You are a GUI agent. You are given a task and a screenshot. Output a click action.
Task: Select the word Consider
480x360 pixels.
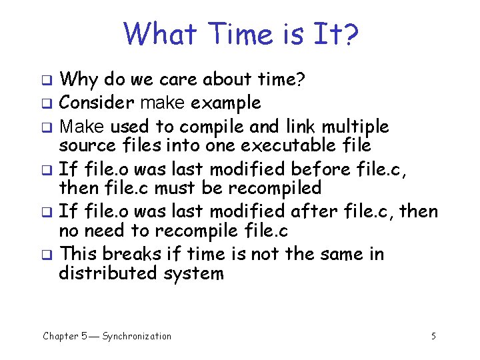tap(95, 103)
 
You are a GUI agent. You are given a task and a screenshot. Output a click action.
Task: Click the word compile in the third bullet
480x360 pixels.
tap(214, 127)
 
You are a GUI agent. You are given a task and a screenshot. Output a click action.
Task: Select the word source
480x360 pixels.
tap(87, 145)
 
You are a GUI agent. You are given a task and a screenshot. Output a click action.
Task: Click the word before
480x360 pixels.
tap(325, 169)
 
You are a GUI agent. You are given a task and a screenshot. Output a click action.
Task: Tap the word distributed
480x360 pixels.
tap(107, 273)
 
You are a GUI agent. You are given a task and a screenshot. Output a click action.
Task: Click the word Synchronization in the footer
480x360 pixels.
tap(137, 336)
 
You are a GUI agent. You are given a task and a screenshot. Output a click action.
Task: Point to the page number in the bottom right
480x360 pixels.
tap(433, 336)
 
